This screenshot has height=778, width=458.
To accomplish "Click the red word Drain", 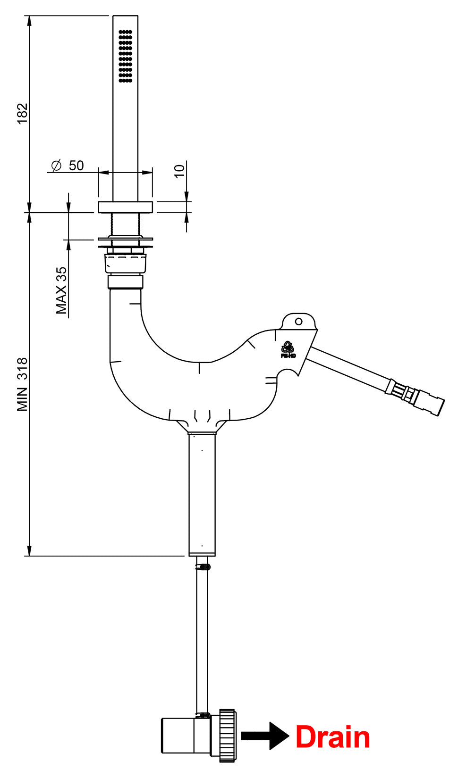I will point(332,737).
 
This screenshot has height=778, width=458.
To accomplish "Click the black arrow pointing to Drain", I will point(264,736).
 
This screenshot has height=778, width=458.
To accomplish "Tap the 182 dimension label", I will point(23,114).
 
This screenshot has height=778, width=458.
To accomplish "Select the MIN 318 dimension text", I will point(23,385).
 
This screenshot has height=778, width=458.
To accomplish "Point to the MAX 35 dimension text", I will point(61,290).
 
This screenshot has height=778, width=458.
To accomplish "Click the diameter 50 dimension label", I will point(68,166).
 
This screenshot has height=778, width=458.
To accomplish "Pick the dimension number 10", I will point(179,171).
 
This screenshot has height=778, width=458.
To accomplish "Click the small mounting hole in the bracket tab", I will point(298,321).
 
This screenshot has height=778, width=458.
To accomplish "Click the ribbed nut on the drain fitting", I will point(227,736).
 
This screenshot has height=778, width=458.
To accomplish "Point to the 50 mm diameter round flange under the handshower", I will point(125,207).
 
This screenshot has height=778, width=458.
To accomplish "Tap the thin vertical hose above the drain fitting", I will point(202,641).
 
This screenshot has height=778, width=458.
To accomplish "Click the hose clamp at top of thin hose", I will point(203,566).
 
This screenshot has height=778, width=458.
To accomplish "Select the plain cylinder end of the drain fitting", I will point(178,736).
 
